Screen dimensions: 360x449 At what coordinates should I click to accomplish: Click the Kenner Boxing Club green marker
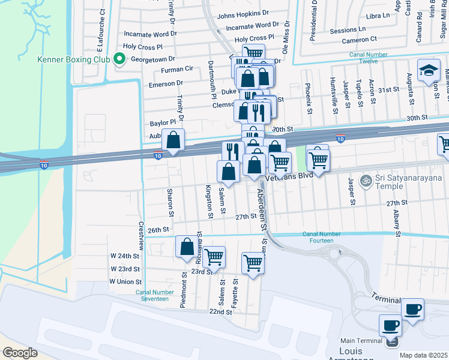tap(119, 59)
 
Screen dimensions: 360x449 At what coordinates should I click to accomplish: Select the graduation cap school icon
tap(429, 71)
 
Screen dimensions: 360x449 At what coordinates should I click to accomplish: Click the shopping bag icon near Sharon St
tap(173, 140)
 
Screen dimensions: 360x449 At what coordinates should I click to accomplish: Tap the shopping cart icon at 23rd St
tap(214, 257)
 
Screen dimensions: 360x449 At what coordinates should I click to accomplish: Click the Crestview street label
tap(141, 236)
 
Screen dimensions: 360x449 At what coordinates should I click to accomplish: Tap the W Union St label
tap(125, 281)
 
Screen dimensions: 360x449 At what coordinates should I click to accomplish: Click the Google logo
tap(20, 353)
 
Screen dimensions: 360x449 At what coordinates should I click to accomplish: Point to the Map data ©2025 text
tap(423, 355)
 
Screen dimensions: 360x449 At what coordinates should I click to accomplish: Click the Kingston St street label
tap(209, 201)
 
